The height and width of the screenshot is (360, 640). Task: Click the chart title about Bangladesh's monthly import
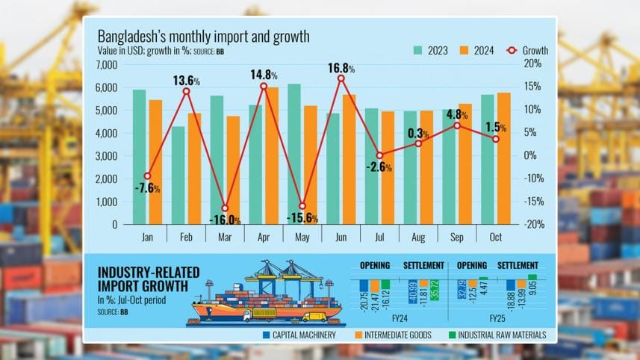[203, 36]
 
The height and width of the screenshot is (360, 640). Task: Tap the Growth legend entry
[526, 51]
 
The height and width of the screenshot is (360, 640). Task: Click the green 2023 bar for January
[139, 157]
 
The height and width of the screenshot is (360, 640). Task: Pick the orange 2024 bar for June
[349, 159]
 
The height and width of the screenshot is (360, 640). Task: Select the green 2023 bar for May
[294, 154]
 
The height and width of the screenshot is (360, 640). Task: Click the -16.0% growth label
[225, 220]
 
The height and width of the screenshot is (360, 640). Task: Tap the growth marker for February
[186, 91]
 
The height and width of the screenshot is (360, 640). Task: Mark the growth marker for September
[458, 125]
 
